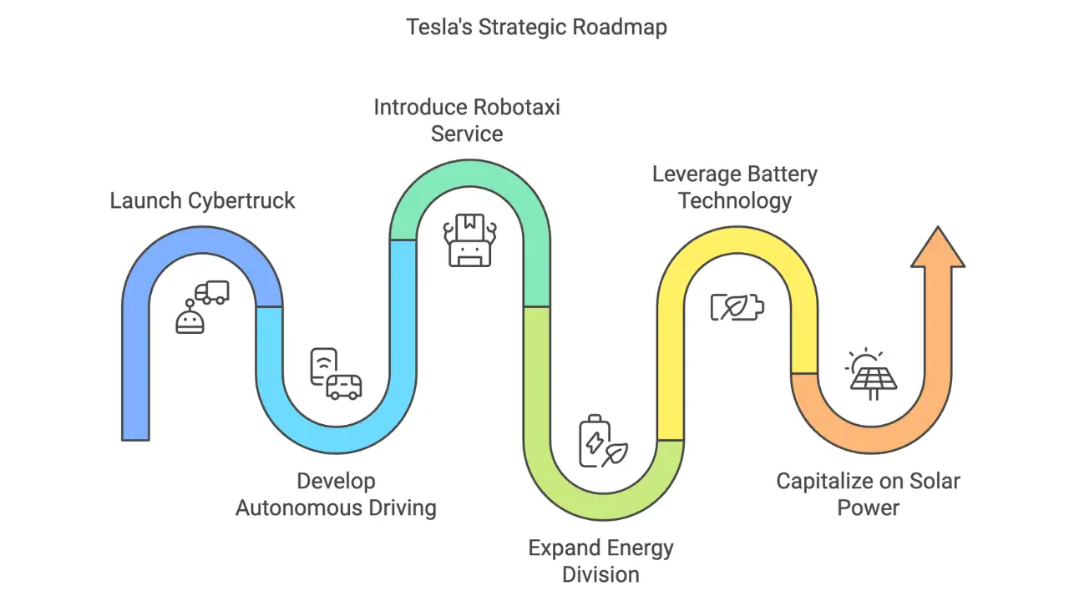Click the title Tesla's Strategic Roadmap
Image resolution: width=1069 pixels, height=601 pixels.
click(536, 28)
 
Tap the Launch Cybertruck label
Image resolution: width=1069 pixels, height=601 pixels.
click(203, 201)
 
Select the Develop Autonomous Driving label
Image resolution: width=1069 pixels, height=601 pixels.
click(336, 494)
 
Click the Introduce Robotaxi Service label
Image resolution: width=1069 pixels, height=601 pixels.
click(467, 120)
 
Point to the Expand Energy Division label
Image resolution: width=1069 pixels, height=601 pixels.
click(600, 561)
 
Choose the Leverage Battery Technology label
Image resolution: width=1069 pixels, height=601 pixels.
click(735, 187)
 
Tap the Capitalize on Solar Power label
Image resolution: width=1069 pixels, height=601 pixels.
click(869, 494)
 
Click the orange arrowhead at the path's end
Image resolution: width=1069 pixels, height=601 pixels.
click(937, 248)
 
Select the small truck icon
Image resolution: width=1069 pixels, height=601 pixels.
click(212, 292)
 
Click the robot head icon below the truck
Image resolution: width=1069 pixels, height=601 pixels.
click(190, 319)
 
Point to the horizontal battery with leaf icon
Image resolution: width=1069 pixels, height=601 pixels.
click(737, 307)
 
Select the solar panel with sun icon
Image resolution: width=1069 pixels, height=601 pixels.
click(871, 373)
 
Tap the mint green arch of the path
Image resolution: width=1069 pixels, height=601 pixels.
click(469, 175)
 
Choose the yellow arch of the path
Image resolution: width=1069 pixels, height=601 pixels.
click(737, 242)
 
